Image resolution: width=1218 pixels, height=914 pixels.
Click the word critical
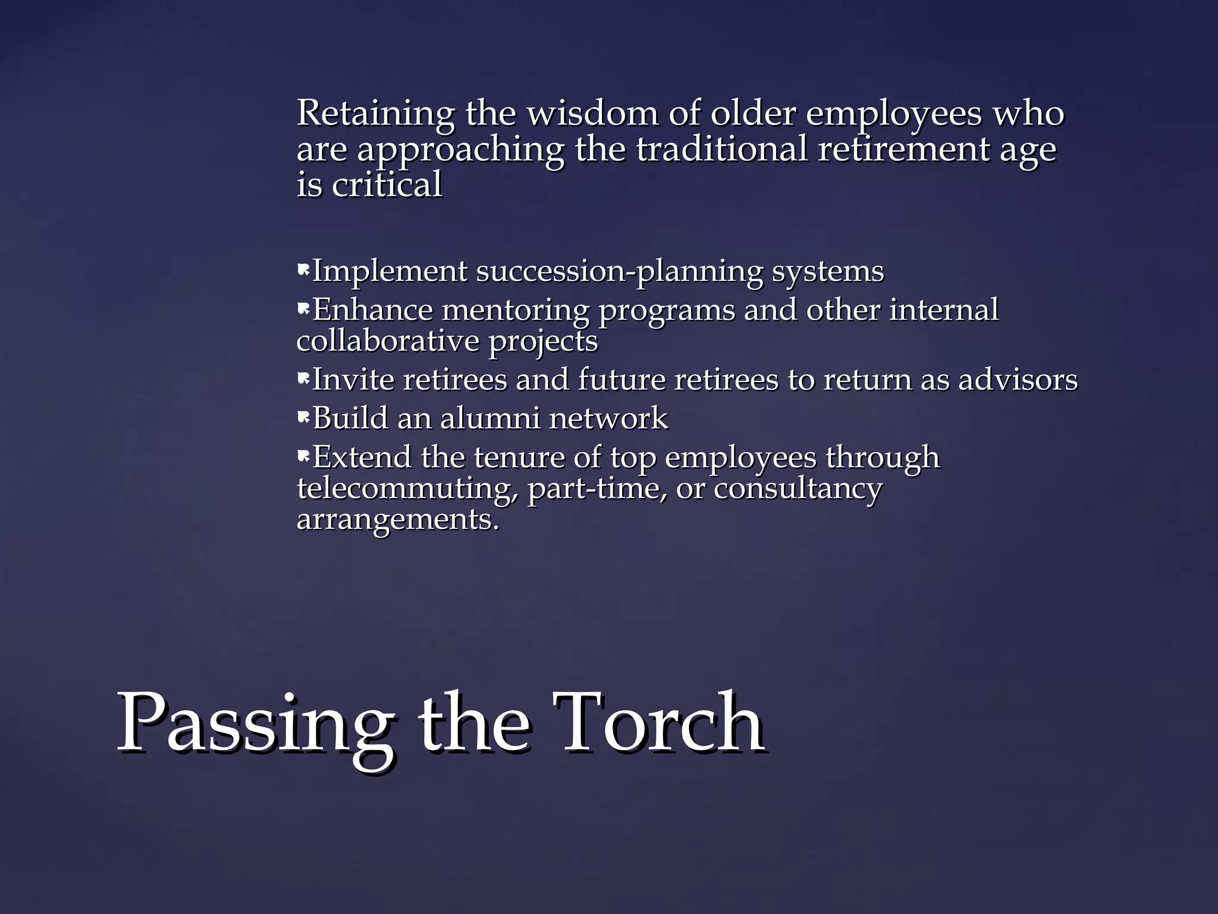click(387, 184)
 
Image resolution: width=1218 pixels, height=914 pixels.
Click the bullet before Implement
click(303, 271)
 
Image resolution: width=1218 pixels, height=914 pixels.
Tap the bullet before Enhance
click(303, 309)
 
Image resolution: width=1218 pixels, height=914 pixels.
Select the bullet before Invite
click(303, 379)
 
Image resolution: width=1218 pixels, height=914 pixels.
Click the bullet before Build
click(303, 418)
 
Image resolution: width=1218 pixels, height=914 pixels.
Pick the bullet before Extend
click(303, 457)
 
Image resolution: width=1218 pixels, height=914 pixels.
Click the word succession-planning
click(619, 272)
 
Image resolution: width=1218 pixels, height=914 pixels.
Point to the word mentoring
click(515, 311)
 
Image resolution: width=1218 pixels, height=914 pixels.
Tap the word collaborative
click(388, 342)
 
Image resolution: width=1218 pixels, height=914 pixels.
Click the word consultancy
click(798, 489)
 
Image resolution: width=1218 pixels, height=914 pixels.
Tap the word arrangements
click(397, 519)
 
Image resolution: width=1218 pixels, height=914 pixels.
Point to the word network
click(608, 418)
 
